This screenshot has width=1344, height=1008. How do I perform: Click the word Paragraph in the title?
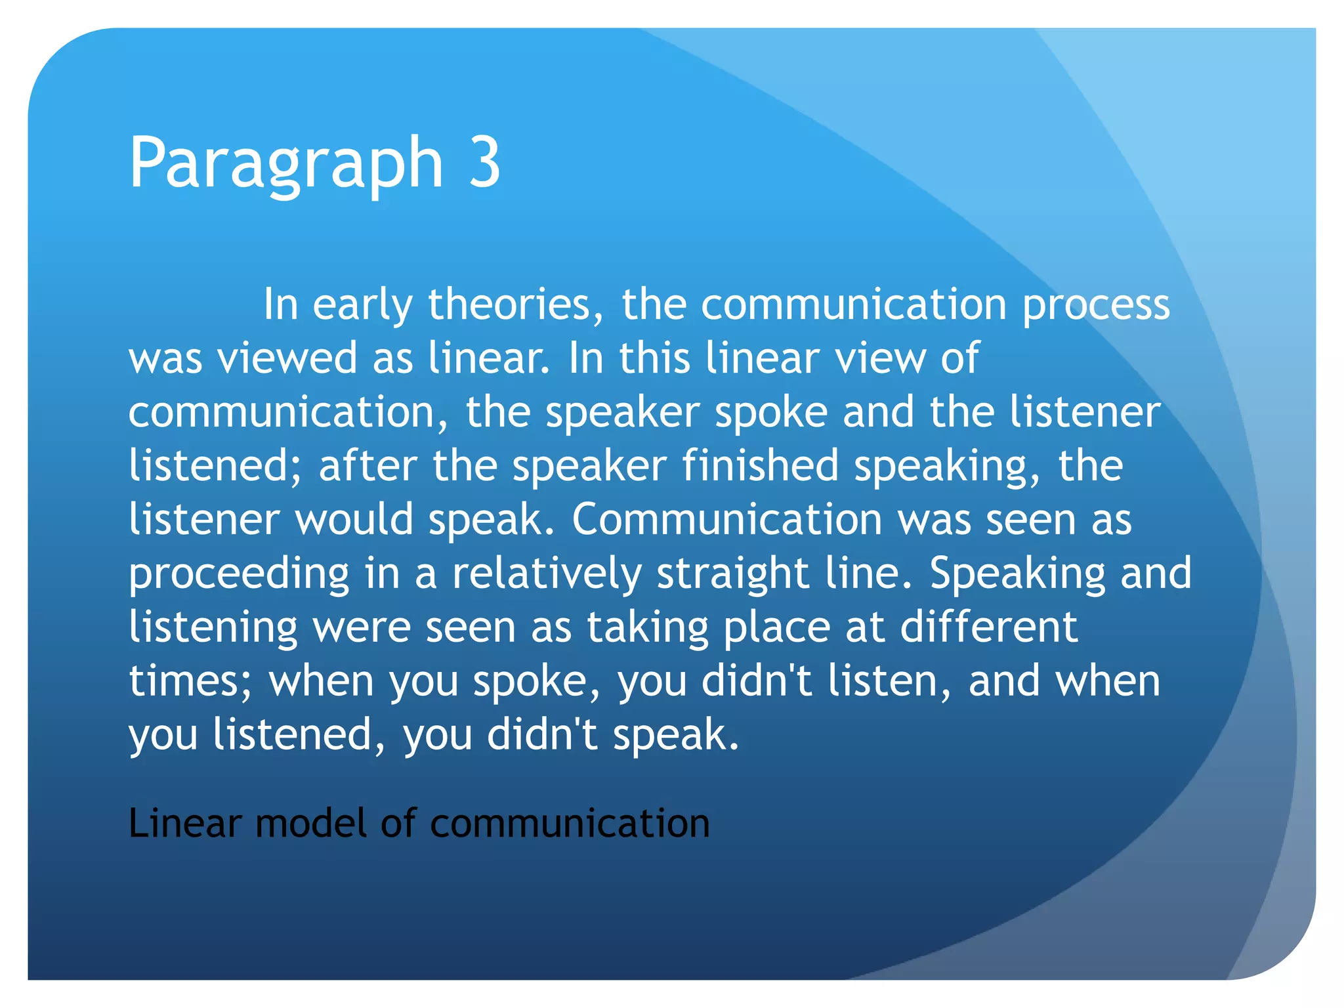point(286,163)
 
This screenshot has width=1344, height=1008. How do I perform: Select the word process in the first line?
point(1096,306)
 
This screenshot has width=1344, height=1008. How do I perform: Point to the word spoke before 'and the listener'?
point(770,413)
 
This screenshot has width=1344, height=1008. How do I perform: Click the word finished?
point(760,466)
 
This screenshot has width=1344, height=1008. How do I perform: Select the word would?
point(354,520)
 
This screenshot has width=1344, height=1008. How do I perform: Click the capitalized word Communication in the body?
point(726,520)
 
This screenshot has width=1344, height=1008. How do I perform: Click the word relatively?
point(547,574)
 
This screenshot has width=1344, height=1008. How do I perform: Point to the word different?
point(988,627)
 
